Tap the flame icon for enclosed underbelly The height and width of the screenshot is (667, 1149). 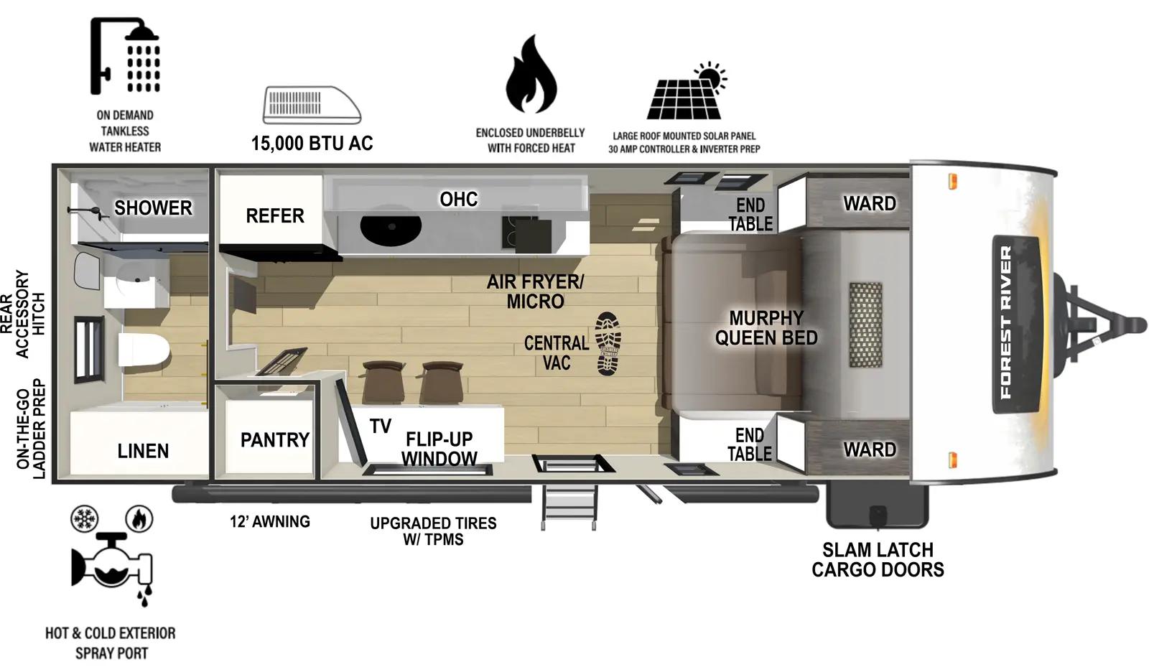(x=531, y=74)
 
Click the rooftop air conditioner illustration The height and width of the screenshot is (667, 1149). (x=312, y=105)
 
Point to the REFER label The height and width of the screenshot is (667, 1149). (x=274, y=215)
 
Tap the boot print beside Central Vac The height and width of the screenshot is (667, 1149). (x=608, y=343)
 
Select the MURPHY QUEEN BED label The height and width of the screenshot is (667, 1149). (x=766, y=328)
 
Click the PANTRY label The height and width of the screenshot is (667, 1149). (x=274, y=439)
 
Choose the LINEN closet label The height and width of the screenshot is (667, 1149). (x=143, y=451)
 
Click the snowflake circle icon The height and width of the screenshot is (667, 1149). (x=85, y=518)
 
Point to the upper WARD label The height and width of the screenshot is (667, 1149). (x=869, y=204)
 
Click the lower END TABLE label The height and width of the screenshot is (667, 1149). (x=749, y=444)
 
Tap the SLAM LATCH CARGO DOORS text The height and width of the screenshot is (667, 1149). (x=878, y=560)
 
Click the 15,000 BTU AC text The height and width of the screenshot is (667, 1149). (x=312, y=144)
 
